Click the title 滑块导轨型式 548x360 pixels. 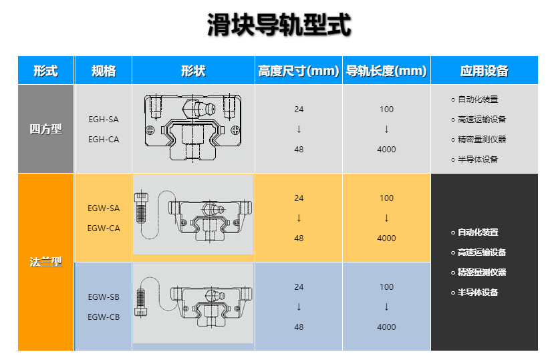279,27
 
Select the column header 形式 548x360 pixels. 45,71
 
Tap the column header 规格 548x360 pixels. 104,71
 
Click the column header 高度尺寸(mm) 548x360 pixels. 299,71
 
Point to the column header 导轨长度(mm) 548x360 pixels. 386,71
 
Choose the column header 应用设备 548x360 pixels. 485,71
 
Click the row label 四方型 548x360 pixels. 45,129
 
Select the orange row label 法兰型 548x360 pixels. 45,262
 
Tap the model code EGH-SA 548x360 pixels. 104,120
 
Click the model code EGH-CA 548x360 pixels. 104,139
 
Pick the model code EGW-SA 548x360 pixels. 104,208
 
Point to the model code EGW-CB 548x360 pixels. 104,317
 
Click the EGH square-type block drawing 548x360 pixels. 193,129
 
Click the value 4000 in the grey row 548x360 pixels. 386,150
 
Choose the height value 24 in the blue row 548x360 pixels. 299,287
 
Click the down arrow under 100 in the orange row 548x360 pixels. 386,218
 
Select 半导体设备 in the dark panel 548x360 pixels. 478,293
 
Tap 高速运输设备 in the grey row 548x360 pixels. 482,120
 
